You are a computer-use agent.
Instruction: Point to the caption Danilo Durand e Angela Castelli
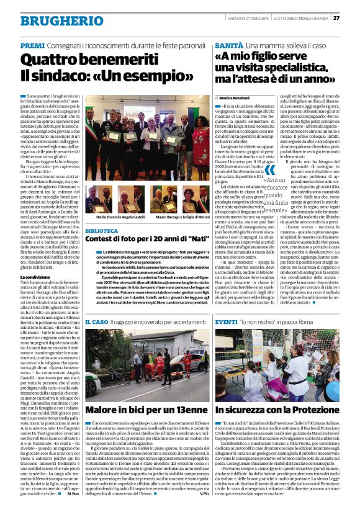[115, 219]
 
